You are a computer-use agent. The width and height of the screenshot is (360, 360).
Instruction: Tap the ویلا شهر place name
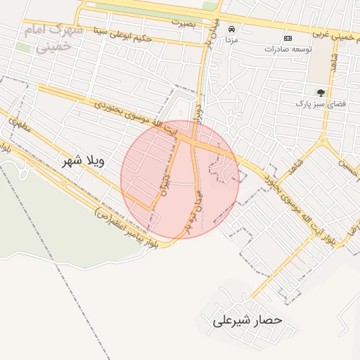point(78,161)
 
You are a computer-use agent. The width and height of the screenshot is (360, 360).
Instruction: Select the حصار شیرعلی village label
point(246,320)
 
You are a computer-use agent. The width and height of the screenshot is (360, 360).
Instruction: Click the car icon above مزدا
point(232,30)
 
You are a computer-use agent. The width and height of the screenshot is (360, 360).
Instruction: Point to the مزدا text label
point(232,41)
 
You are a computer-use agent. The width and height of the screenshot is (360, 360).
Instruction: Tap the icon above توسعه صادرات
point(288,37)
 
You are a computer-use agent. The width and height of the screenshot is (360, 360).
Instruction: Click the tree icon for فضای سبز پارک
point(321,92)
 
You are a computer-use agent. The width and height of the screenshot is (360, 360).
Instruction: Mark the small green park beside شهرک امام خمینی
point(23,47)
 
